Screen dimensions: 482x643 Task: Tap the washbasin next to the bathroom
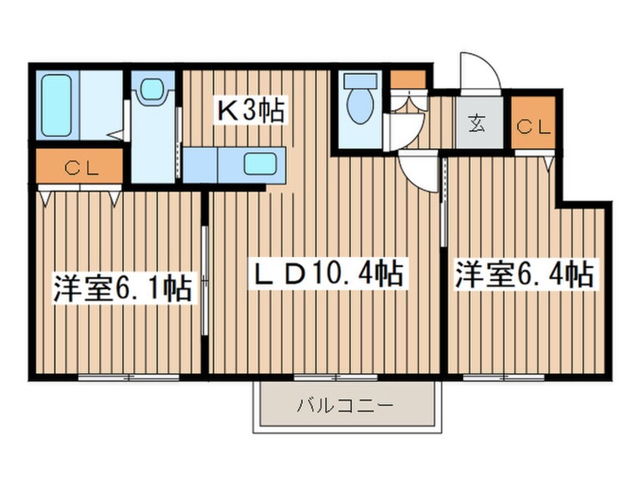click(x=153, y=89)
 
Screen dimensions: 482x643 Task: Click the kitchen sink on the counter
click(x=260, y=163)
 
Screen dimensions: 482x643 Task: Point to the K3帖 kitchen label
click(x=252, y=111)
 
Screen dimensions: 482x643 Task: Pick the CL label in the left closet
click(x=80, y=169)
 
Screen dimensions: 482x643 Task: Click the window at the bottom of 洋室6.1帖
click(x=128, y=376)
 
